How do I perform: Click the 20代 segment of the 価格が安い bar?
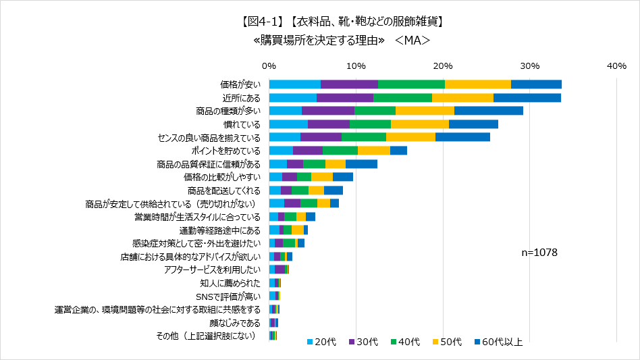294,84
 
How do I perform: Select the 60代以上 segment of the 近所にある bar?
527,97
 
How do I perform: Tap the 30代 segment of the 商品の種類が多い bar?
327,111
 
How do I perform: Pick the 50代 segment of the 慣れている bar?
419,124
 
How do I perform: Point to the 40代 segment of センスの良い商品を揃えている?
363,137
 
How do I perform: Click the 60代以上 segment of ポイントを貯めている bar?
398,151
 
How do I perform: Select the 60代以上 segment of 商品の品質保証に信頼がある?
361,163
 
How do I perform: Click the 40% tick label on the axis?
616,66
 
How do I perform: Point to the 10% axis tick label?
356,66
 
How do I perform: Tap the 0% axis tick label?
269,66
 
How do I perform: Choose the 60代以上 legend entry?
497,342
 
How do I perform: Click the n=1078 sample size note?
539,252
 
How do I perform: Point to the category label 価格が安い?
240,84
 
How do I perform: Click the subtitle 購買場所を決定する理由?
319,41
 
